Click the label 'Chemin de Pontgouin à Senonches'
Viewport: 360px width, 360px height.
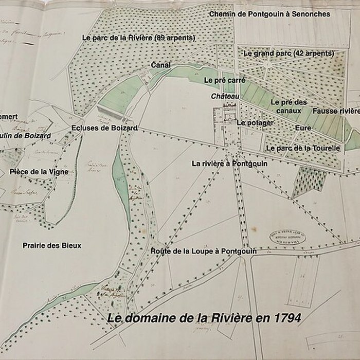[x=269, y=14]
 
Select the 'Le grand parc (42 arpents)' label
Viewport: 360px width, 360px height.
[x=289, y=53]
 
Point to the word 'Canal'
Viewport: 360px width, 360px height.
[x=161, y=65]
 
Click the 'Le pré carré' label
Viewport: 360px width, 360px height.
[x=224, y=81]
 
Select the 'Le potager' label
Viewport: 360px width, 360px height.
[x=255, y=123]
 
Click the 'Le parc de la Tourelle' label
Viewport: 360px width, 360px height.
[x=303, y=148]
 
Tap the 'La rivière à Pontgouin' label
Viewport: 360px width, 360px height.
[x=229, y=164]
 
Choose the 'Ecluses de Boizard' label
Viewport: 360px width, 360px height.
[x=104, y=128]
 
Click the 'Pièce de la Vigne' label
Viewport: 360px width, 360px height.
[x=39, y=172]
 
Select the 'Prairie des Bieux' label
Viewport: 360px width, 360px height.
[x=52, y=245]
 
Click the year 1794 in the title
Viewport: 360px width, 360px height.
[x=284, y=318]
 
